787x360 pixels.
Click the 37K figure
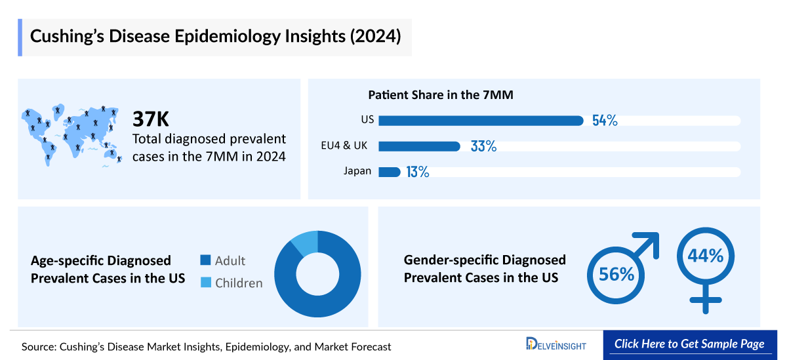pyautogui.click(x=151, y=119)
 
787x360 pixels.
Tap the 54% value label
pyautogui.click(x=605, y=121)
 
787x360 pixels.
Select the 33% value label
pyautogui.click(x=483, y=146)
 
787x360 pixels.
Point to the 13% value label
pyautogui.click(x=417, y=172)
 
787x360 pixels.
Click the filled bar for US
pyautogui.click(x=481, y=121)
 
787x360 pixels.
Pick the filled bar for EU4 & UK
pyautogui.click(x=419, y=146)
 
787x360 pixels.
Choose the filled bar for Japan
pyautogui.click(x=390, y=172)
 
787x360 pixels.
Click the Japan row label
pyautogui.click(x=357, y=171)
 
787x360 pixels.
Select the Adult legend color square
pyautogui.click(x=206, y=260)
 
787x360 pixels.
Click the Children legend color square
pyautogui.click(x=206, y=283)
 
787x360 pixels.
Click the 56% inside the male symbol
pyautogui.click(x=616, y=273)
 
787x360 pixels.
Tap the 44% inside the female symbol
pyautogui.click(x=705, y=256)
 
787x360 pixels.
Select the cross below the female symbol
pyautogui.click(x=706, y=301)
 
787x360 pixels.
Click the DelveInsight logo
pyautogui.click(x=555, y=344)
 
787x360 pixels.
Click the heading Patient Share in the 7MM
pyautogui.click(x=440, y=94)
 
